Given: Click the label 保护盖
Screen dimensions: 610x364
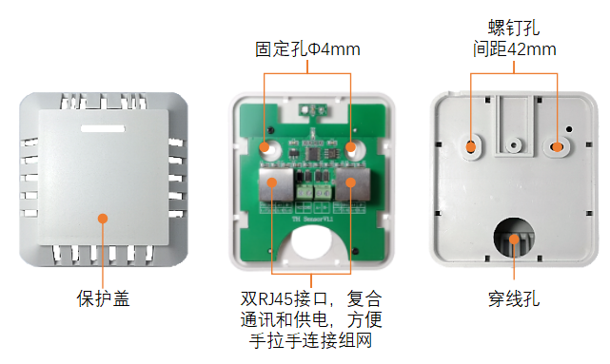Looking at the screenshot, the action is [103, 298].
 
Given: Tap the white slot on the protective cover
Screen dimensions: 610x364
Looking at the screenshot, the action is [103, 128].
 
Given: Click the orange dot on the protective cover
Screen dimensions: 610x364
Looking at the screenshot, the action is [103, 219].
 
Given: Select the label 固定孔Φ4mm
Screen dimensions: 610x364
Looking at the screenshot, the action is [307, 49].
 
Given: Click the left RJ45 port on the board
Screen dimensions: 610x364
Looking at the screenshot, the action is [276, 184].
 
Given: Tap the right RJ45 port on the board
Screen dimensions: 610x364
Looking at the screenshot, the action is [353, 184].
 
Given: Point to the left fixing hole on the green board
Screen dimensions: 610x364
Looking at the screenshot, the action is [269, 149].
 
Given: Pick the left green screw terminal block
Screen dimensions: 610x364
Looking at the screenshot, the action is [305, 192].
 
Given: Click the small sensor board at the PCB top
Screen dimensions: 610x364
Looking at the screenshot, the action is [313, 110].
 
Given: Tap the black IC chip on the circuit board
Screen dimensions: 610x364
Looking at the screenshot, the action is [314, 153].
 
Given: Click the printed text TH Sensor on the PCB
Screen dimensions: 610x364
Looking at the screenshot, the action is [312, 220].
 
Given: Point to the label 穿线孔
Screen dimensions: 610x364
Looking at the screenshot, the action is [514, 299].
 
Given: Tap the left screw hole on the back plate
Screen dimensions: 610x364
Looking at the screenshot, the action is [471, 147].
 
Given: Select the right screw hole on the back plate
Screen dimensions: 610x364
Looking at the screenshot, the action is [557, 147].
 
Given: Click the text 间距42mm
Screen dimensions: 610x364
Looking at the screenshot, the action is [514, 49].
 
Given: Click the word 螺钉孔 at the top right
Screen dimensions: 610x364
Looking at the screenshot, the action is [514, 28].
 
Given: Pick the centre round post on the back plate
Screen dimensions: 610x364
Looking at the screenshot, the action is [514, 145].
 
